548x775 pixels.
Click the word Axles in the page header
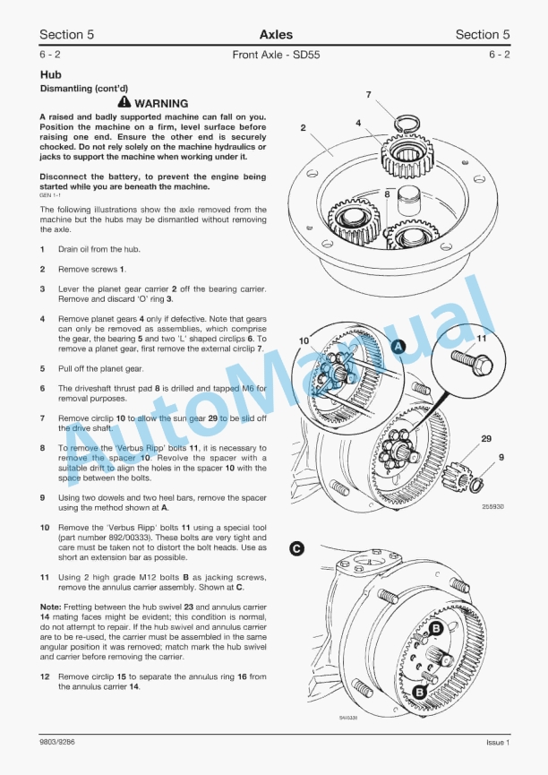276,35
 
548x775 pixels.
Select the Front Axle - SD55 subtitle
275,55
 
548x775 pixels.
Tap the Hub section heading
50,76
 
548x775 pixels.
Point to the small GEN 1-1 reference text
51,194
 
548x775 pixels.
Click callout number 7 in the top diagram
369,94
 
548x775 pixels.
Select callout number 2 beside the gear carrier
303,128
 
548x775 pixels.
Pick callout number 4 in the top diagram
358,123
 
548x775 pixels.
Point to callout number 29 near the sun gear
486,438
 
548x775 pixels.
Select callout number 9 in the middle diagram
501,458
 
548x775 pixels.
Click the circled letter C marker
296,550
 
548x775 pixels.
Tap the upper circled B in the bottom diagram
436,630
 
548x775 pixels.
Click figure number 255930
492,506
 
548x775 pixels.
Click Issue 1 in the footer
497,742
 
